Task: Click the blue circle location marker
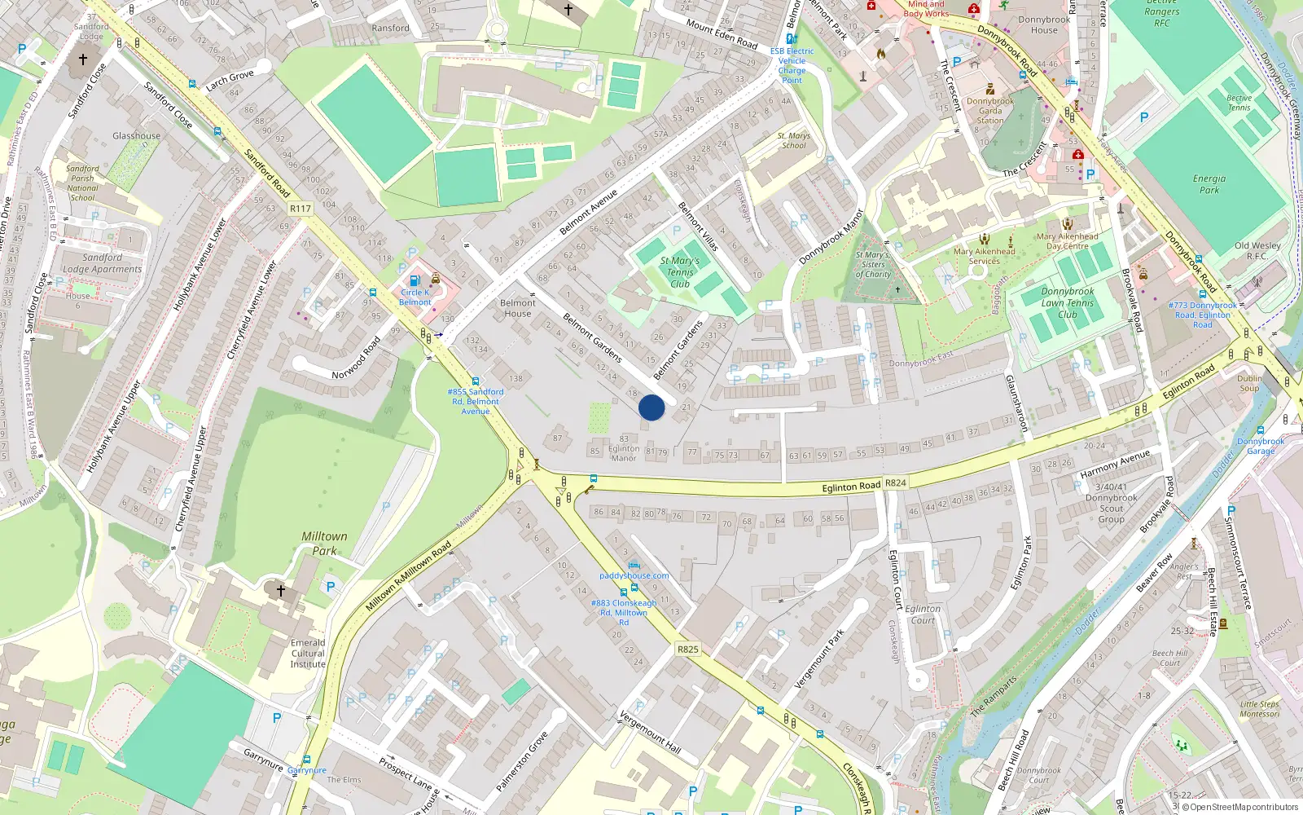click(x=651, y=407)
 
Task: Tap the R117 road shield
click(x=301, y=209)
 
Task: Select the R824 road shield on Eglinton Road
click(x=896, y=482)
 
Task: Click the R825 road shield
click(x=688, y=650)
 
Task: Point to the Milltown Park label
click(x=324, y=544)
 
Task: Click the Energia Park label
click(x=1209, y=184)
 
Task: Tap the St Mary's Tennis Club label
click(x=680, y=272)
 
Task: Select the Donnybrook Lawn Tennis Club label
click(x=1067, y=302)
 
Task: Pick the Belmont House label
click(x=518, y=308)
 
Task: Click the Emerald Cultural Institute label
click(x=308, y=653)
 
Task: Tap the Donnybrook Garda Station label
click(x=990, y=111)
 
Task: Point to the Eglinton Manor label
click(x=624, y=453)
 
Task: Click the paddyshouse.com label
click(x=634, y=575)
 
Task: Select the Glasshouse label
click(x=137, y=136)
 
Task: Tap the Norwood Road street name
click(x=356, y=359)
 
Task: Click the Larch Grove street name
click(x=230, y=80)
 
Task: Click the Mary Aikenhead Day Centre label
click(x=1067, y=241)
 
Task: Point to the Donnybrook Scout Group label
click(x=1111, y=509)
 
